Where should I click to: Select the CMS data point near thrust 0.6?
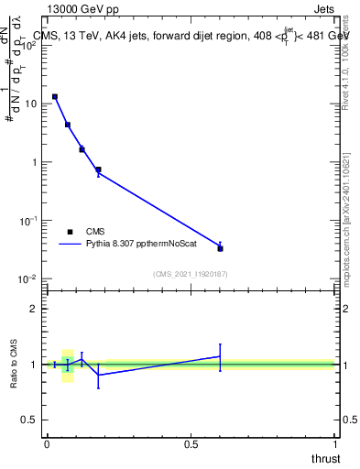click(x=220, y=247)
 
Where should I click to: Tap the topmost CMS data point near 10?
click(x=55, y=96)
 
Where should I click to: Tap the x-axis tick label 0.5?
click(x=191, y=444)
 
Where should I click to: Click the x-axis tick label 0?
click(x=47, y=444)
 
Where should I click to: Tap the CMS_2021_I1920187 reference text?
click(x=190, y=273)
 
